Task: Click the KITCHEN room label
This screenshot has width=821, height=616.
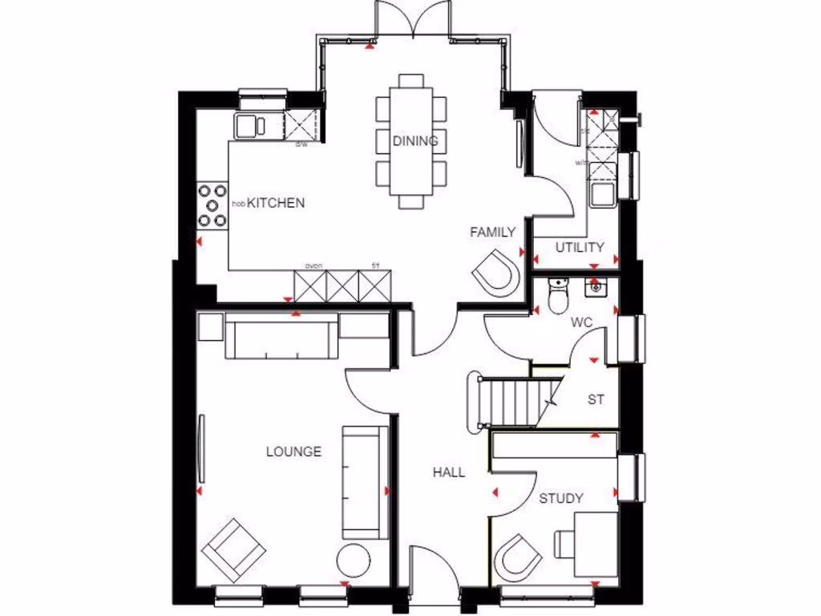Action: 275,203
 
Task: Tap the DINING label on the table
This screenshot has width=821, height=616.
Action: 415,141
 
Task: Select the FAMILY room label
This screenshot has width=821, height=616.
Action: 492,233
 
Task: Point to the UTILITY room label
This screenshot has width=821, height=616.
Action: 580,248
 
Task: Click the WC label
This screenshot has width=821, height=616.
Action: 581,322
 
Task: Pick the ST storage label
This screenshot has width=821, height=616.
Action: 595,399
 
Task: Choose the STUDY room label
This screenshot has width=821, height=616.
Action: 560,498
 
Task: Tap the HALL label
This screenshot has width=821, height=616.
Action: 449,472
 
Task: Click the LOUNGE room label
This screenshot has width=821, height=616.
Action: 293,452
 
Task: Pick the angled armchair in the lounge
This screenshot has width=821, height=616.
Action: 233,550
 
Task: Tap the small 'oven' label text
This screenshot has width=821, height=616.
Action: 313,266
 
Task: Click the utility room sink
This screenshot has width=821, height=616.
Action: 601,193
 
